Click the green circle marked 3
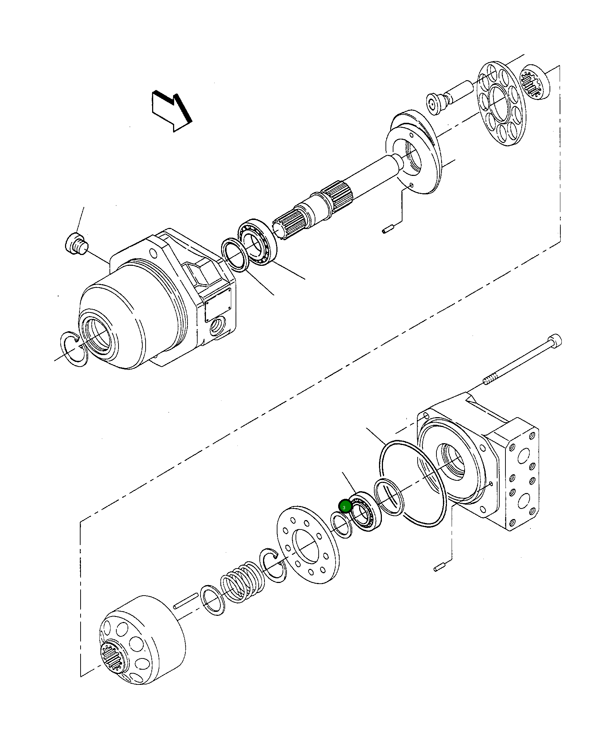pyautogui.click(x=345, y=507)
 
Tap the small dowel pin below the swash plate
pyautogui.click(x=389, y=229)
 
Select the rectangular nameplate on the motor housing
pyautogui.click(x=218, y=306)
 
